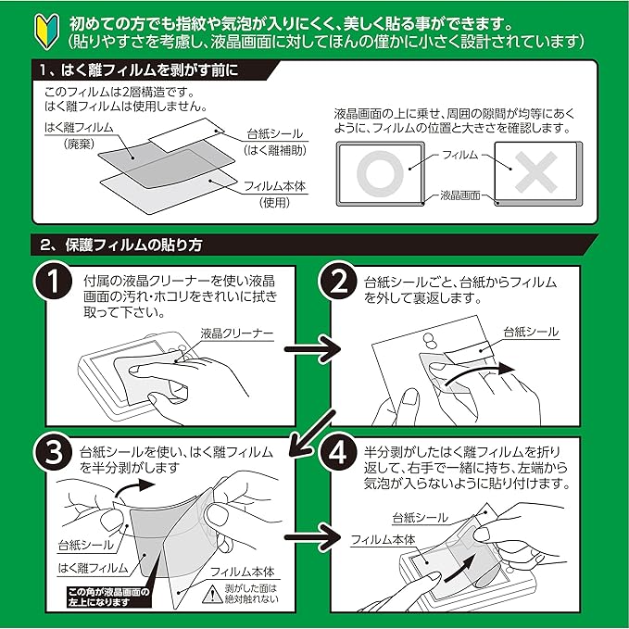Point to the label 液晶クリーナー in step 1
(234, 333)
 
